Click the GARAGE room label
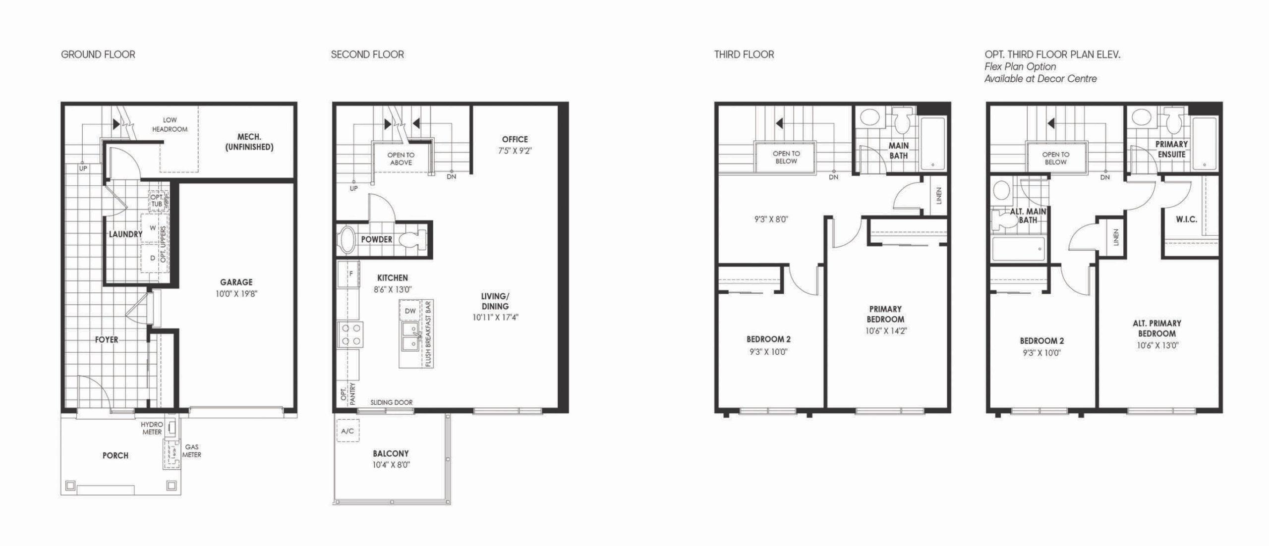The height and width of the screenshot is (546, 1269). point(236,282)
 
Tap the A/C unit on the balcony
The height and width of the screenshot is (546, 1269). point(347,431)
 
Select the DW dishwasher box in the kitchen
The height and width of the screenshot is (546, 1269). point(410,311)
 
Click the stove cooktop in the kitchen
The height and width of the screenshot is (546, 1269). point(350,334)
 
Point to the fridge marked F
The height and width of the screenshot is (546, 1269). point(348,273)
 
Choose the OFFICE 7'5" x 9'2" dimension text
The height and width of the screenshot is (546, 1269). point(515,151)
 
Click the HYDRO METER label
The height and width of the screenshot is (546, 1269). point(152,428)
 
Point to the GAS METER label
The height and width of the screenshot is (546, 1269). point(191,451)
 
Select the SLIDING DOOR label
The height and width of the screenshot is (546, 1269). point(391,402)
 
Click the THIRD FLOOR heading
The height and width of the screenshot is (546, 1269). point(744,55)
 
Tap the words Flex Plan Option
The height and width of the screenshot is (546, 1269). point(1020,66)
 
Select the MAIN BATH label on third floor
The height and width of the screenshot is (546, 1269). point(898,151)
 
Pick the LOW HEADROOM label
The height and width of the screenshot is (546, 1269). point(170,124)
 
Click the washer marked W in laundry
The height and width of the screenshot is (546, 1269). point(152,228)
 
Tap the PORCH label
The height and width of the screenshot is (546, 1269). point(115,455)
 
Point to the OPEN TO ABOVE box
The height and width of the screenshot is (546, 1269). point(401,158)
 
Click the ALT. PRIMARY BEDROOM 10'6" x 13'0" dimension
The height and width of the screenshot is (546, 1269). point(1157,346)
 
